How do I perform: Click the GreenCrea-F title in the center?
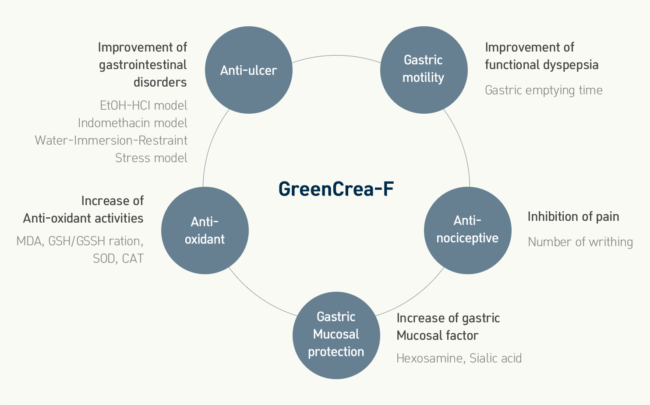(x=336, y=189)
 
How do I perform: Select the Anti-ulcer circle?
(x=249, y=70)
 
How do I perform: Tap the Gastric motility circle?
(x=424, y=70)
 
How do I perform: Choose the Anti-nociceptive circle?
(x=468, y=230)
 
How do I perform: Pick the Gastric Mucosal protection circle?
(x=336, y=335)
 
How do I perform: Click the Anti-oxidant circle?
(x=205, y=230)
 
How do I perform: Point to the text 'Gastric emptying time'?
(x=544, y=91)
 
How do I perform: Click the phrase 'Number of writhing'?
(x=580, y=242)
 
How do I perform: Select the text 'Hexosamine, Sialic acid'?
(x=459, y=358)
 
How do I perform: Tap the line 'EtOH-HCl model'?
(x=144, y=105)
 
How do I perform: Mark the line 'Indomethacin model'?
(x=133, y=123)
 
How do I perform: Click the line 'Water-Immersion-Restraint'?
(x=111, y=140)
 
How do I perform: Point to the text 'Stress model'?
(x=151, y=158)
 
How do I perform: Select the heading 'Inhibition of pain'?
(x=573, y=216)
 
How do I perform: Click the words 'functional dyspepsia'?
(x=542, y=65)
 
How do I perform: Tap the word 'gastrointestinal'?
(x=143, y=65)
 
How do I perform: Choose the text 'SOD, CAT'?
(x=118, y=258)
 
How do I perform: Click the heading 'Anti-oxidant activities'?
(x=83, y=218)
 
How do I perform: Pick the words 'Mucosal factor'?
(x=437, y=335)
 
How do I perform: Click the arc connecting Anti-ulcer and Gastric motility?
(x=336, y=56)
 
